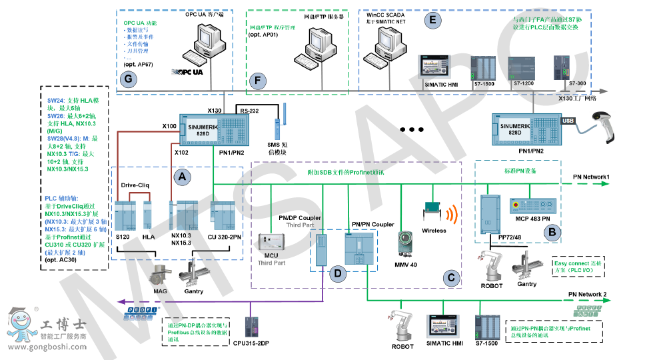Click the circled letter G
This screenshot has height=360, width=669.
[127, 79]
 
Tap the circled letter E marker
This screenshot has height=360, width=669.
[434, 20]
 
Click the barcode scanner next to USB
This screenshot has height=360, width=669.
[608, 126]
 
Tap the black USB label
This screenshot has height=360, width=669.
[568, 121]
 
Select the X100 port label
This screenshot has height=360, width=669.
[169, 125]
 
